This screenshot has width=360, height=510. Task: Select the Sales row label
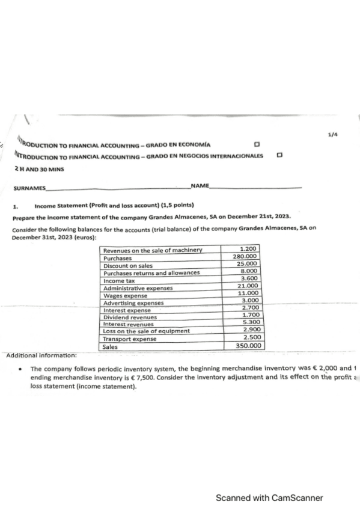110,346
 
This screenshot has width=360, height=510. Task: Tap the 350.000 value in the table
248,346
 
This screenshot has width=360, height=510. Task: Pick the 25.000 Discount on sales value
248,263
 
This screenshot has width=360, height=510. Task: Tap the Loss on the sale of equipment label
147,331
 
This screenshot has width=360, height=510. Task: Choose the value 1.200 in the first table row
248,249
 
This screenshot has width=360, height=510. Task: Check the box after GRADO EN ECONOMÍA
257,145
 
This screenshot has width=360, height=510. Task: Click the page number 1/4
332,136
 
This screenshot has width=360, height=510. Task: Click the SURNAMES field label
29,188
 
